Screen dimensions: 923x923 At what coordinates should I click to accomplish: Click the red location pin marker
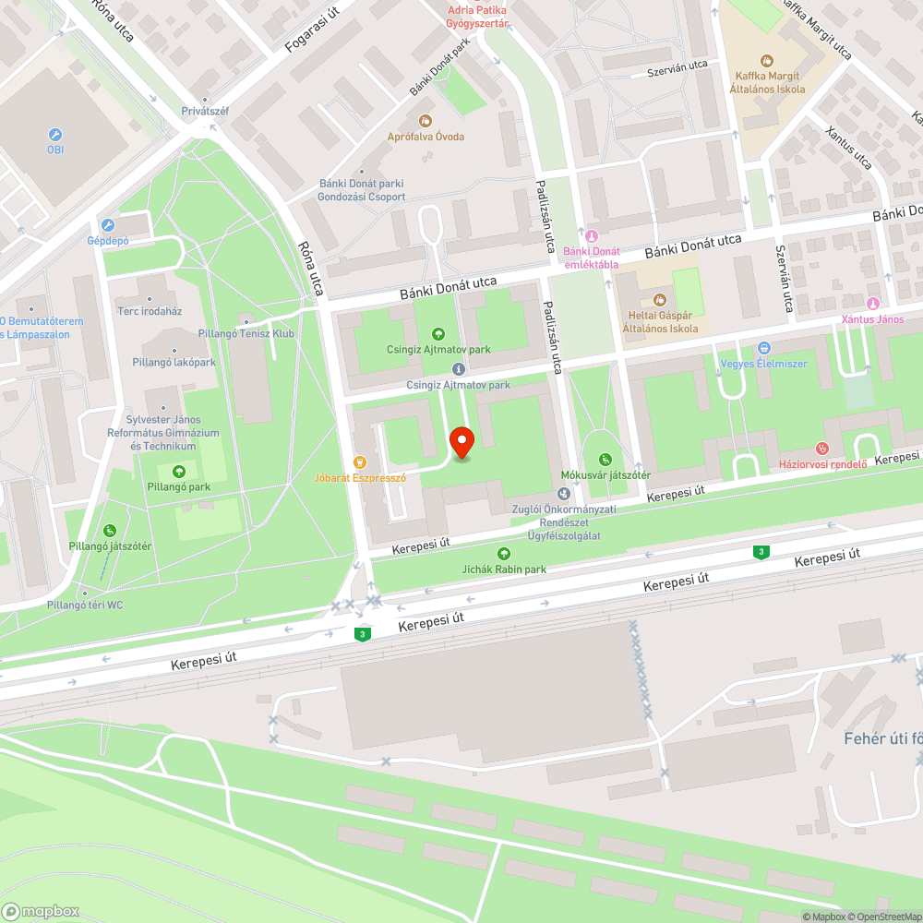pyautogui.click(x=461, y=442)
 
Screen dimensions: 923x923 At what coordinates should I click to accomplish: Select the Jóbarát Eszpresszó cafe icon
pyautogui.click(x=360, y=461)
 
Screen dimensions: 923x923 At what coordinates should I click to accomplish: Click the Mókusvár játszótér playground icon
pyautogui.click(x=605, y=459)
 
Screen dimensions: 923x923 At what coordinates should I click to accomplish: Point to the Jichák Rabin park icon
pyautogui.click(x=504, y=553)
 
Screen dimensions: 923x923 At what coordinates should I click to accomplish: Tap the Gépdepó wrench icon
pyautogui.click(x=108, y=224)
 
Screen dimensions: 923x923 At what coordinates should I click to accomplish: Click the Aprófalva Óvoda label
pyautogui.click(x=426, y=137)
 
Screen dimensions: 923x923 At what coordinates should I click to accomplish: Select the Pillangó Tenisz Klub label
pyautogui.click(x=246, y=333)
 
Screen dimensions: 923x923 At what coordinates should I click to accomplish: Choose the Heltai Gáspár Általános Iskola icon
pyautogui.click(x=659, y=300)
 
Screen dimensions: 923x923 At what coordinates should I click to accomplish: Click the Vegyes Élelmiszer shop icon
pyautogui.click(x=764, y=348)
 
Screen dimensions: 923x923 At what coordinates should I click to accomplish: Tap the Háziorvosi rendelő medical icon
pyautogui.click(x=823, y=449)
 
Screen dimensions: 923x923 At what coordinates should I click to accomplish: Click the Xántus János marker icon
pyautogui.click(x=872, y=304)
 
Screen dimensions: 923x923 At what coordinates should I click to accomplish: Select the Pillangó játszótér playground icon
pyautogui.click(x=109, y=530)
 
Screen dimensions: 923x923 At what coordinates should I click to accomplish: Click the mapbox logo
pyautogui.click(x=42, y=911)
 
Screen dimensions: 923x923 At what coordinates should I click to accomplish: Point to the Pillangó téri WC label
pyautogui.click(x=85, y=605)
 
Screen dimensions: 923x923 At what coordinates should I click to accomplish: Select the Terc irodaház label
pyautogui.click(x=150, y=311)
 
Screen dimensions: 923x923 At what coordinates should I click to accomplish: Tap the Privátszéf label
pyautogui.click(x=205, y=112)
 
